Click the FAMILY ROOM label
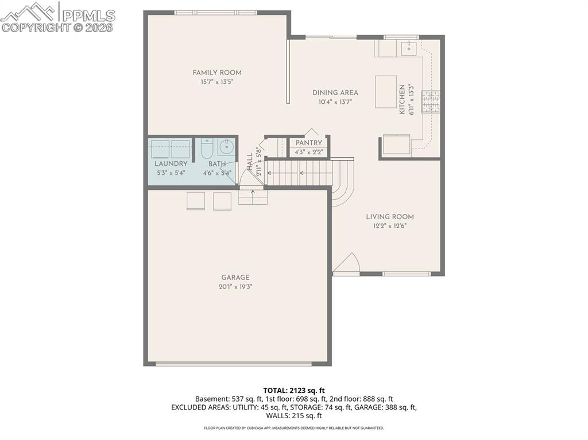(216, 72)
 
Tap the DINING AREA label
(335, 92)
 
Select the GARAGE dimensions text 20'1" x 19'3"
(235, 286)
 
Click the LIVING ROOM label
(390, 217)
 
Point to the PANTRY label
(309, 143)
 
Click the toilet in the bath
(207, 149)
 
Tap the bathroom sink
(226, 147)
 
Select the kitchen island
(386, 92)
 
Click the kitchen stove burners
(431, 102)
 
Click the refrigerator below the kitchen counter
(396, 145)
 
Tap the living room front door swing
(346, 264)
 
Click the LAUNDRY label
(171, 163)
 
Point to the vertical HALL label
(250, 160)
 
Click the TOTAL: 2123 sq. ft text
(293, 390)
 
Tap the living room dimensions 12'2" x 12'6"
(390, 225)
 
